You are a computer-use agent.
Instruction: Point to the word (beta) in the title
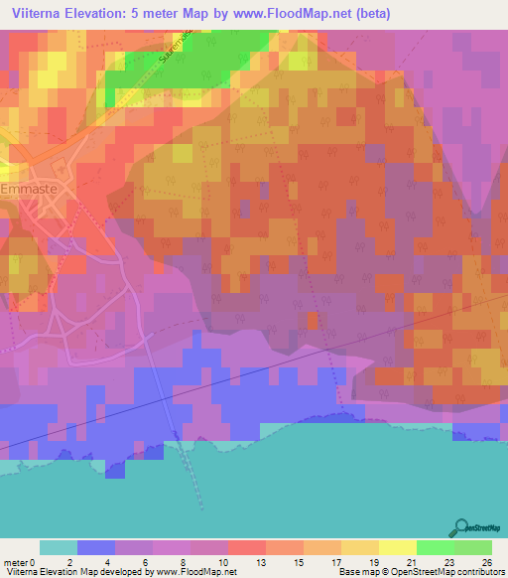tap(372, 14)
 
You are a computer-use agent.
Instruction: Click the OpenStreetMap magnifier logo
tap(459, 527)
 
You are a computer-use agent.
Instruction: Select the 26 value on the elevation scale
tap(486, 561)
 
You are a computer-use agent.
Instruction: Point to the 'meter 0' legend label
tap(21, 561)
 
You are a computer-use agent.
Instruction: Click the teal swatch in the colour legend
tap(59, 547)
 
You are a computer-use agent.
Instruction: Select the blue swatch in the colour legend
tap(96, 547)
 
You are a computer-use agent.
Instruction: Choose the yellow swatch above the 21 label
tap(397, 547)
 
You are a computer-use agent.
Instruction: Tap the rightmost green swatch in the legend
tap(472, 547)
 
